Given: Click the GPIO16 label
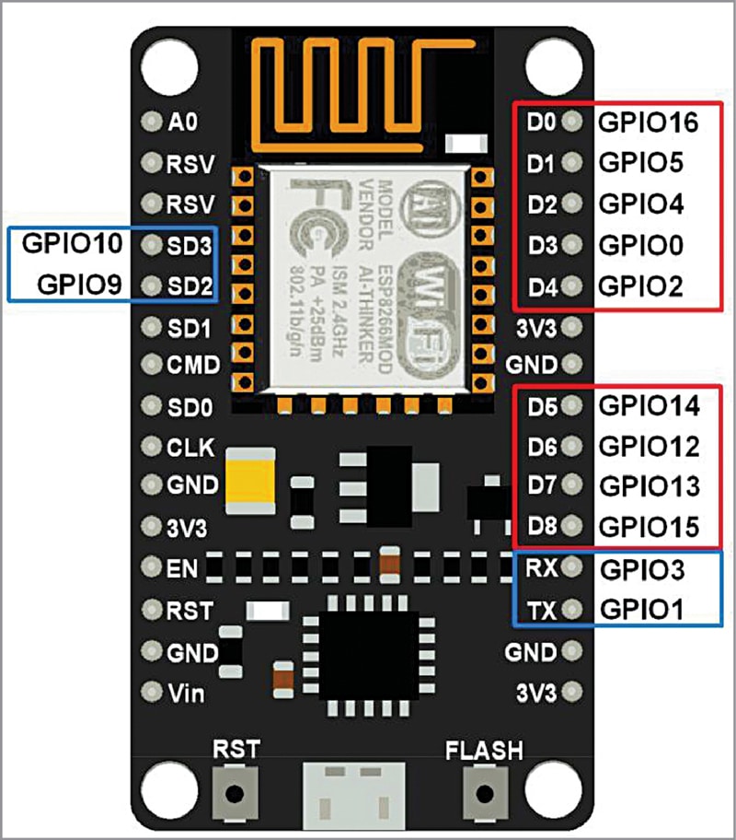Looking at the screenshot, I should click(648, 121).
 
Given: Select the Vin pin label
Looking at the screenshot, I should click(187, 692).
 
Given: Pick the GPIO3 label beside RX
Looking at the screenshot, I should click(642, 569).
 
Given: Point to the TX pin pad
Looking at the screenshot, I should click(573, 609).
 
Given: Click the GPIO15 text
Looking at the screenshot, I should click(649, 527).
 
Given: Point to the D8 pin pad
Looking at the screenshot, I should click(573, 527).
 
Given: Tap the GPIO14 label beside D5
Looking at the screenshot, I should click(649, 404).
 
